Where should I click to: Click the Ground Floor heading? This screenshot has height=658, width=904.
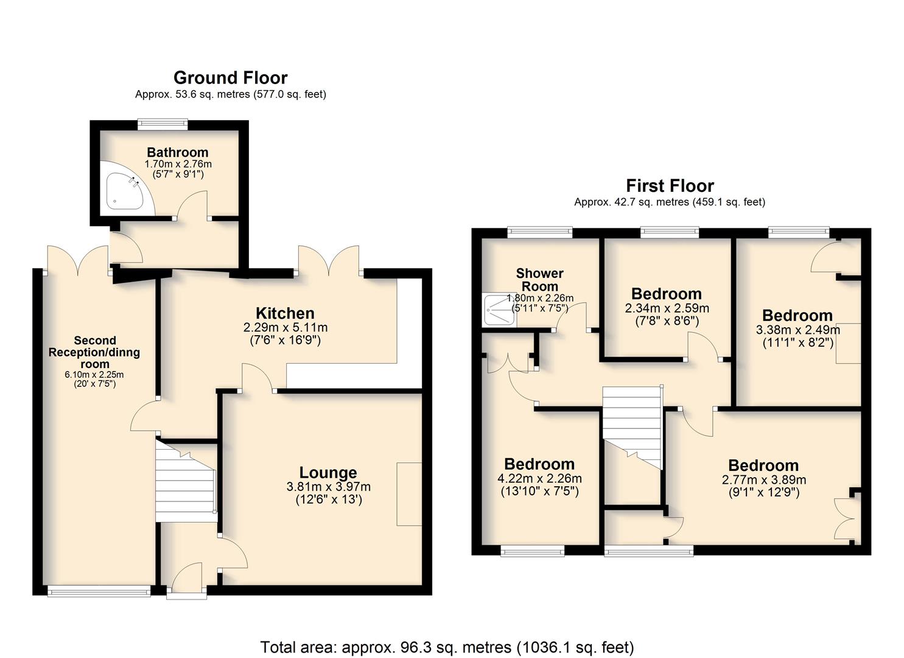pos(231,77)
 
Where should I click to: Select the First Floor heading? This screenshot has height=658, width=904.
pos(670,186)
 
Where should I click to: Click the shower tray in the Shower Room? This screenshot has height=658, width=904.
pos(499,311)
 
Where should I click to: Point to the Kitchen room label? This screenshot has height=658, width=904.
pos(285,313)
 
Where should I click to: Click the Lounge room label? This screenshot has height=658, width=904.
pos(328,473)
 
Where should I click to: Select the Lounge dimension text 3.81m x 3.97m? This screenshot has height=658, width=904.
pos(329,487)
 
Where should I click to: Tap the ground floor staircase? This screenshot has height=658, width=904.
pos(186,481)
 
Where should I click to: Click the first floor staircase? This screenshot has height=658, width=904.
pos(632,428)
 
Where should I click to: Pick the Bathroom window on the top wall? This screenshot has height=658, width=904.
pos(163,124)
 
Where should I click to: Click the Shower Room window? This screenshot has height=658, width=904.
pos(540,232)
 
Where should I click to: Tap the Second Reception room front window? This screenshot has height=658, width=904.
pos(99,592)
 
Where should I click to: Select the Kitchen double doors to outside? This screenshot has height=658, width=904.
pos(329,261)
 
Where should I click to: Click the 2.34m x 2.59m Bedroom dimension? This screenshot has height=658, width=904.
pos(667,308)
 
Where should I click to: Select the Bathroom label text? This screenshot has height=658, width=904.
pos(178,152)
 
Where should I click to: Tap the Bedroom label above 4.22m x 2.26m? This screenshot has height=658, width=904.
pos(539,464)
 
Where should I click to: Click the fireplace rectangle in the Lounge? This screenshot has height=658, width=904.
pos(409,494)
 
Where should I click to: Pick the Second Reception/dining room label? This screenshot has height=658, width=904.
pos(94,352)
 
